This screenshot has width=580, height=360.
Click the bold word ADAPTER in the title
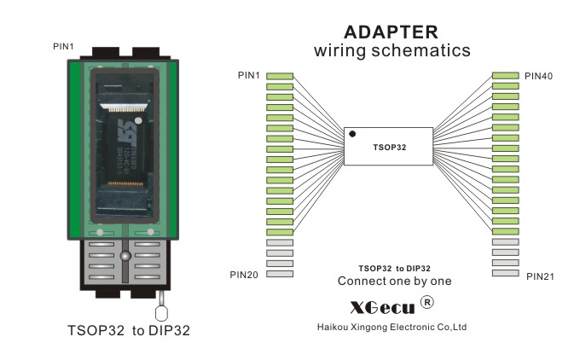click(x=391, y=32)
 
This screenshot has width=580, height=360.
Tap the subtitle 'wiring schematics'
click(x=391, y=51)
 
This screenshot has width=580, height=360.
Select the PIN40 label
click(x=538, y=77)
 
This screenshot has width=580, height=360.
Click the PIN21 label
click(x=540, y=276)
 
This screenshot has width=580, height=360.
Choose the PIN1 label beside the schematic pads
click(x=250, y=76)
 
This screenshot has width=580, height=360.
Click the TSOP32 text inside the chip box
click(x=390, y=147)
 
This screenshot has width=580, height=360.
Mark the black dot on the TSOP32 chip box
click(x=352, y=134)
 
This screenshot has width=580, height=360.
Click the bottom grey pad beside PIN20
click(x=280, y=274)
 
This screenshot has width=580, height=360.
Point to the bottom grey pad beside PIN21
click(x=505, y=274)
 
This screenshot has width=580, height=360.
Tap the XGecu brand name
click(x=382, y=305)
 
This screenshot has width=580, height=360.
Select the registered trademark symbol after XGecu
click(x=428, y=303)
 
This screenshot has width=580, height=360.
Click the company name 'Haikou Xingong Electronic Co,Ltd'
click(x=391, y=327)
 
